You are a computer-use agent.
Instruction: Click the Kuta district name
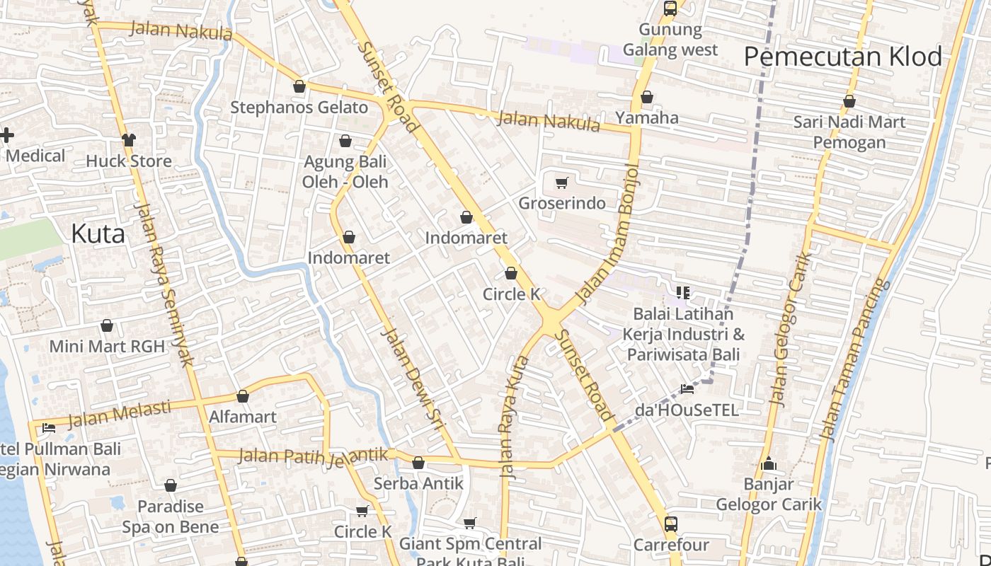click(x=98, y=234)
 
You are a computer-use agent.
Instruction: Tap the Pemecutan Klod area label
click(x=842, y=57)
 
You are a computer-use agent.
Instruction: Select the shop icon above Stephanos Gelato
click(x=299, y=87)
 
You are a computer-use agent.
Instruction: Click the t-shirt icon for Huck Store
click(x=128, y=140)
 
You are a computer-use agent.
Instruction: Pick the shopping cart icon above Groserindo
click(x=562, y=183)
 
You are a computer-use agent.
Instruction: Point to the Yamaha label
click(x=646, y=117)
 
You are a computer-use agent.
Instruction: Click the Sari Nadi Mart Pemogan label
click(x=849, y=132)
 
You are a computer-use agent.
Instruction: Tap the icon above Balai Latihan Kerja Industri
click(x=683, y=292)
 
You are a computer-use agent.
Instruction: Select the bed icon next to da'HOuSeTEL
click(x=687, y=388)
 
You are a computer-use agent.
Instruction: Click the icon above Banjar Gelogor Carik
click(x=769, y=464)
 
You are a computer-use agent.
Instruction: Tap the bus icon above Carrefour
click(x=670, y=524)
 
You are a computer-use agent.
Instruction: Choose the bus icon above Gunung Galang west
click(x=670, y=8)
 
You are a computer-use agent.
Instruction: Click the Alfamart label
click(x=242, y=417)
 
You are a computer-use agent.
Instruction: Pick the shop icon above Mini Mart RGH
click(x=107, y=325)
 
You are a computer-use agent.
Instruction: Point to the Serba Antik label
click(x=418, y=483)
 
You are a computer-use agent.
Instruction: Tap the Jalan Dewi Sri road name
click(x=411, y=379)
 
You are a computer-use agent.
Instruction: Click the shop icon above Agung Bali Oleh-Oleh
click(x=345, y=141)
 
